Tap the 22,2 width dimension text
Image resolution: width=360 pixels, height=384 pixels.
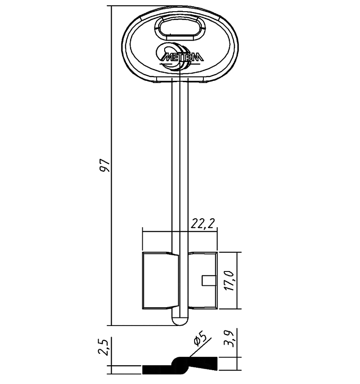click(203, 223)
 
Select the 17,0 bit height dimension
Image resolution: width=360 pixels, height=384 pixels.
click(230, 281)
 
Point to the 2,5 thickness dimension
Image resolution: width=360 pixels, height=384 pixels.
click(103, 347)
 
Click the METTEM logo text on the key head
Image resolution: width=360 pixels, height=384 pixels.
click(182, 57)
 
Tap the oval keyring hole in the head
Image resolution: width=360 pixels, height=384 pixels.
click(180, 27)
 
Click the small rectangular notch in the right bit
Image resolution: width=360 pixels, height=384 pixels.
click(209, 280)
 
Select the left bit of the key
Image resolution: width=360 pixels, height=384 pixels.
click(161, 280)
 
